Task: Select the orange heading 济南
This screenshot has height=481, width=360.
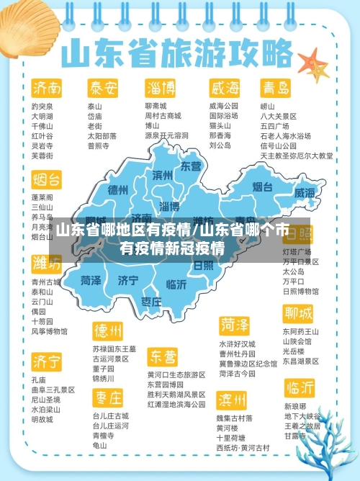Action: click(x=46, y=88)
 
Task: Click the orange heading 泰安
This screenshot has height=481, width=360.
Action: click(x=103, y=88)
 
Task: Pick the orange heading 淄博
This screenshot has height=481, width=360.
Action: click(x=161, y=88)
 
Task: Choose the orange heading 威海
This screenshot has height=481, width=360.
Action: click(x=224, y=88)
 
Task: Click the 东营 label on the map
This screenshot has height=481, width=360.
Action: click(x=191, y=166)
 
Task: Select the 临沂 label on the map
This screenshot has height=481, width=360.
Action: click(x=176, y=284)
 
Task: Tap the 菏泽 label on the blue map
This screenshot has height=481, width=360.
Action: click(x=91, y=280)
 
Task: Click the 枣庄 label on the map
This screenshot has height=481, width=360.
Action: click(x=151, y=302)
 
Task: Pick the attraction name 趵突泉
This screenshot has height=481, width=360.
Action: click(x=42, y=106)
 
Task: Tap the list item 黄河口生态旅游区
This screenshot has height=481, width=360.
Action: click(x=176, y=375)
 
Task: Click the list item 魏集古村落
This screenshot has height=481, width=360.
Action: click(x=235, y=418)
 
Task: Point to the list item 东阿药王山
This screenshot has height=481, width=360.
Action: click(x=301, y=331)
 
